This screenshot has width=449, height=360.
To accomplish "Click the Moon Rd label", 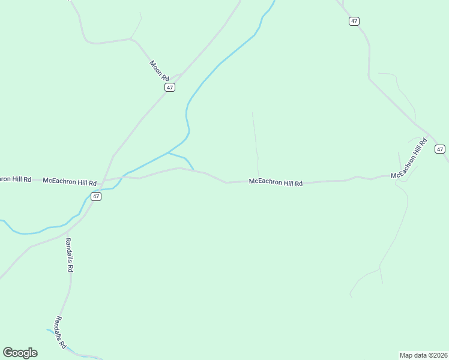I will pyautogui.click(x=160, y=71).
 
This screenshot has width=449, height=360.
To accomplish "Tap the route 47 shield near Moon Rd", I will pyautogui.click(x=170, y=88).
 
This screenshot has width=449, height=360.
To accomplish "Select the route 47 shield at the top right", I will pyautogui.click(x=354, y=21).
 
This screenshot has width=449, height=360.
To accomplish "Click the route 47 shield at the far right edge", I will pyautogui.click(x=440, y=149).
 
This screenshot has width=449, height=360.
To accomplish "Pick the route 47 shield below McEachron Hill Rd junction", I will pyautogui.click(x=96, y=196).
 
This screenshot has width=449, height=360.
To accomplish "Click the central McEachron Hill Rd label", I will pyautogui.click(x=276, y=181).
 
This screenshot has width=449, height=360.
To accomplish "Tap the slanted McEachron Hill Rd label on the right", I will pyautogui.click(x=409, y=159).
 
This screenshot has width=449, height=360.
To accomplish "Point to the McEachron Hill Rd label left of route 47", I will pyautogui.click(x=70, y=181).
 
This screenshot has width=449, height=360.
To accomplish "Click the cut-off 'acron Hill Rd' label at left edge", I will pyautogui.click(x=14, y=179).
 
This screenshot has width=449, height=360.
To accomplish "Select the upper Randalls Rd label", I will pyautogui.click(x=69, y=255).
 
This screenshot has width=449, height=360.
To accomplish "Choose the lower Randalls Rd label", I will pyautogui.click(x=60, y=332).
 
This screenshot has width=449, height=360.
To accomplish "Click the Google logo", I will pyautogui.click(x=20, y=353).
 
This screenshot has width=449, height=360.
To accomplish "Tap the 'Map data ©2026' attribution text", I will pyautogui.click(x=423, y=355).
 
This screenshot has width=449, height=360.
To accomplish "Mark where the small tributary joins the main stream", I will pyautogui.click(x=168, y=153).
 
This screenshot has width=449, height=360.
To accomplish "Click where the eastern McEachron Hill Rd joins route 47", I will pyautogui.click(x=430, y=133).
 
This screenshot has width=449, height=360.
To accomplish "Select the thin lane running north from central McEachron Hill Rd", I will pyautogui.click(x=255, y=144).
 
